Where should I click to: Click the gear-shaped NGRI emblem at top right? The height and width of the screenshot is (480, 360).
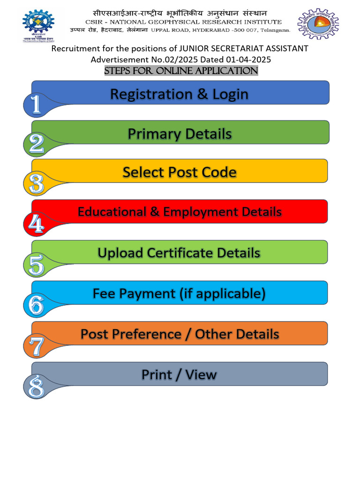coord(318,23)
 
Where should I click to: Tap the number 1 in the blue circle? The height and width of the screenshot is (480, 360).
coord(36,105)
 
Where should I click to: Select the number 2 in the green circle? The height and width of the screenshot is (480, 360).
coord(36,144)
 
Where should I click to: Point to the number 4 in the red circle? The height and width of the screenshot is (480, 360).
coord(36,224)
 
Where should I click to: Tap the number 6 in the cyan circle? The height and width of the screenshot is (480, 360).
coord(36,305)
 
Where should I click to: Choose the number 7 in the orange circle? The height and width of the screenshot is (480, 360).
coord(36,346)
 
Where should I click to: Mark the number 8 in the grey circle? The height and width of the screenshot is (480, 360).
coord(36,387)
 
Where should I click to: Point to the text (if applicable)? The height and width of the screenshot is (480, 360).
coord(222,294)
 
